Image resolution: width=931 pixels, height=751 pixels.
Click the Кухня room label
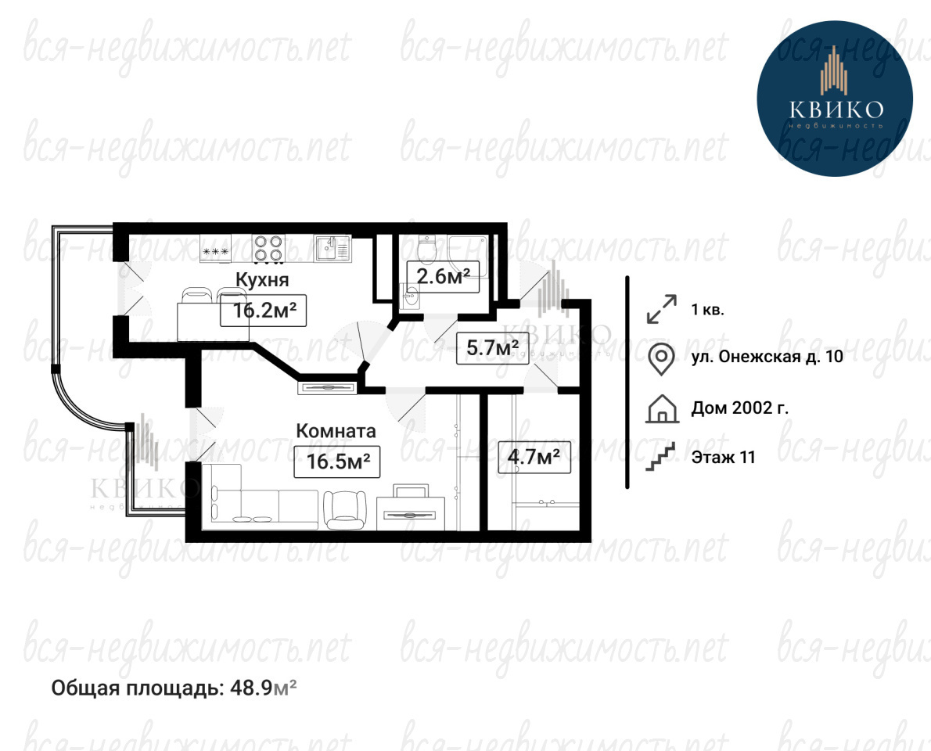(262, 279)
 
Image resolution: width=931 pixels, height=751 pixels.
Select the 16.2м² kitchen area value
(264, 311)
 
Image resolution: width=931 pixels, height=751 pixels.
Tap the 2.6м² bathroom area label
(443, 276)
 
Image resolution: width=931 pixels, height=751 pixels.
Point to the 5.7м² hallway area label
(492, 348)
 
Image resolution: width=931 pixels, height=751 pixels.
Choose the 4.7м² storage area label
(534, 457)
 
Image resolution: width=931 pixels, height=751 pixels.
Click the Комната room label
(336, 431)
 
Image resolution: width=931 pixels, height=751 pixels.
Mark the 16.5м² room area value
(337, 462)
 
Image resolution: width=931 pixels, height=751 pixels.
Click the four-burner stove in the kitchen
(268, 248)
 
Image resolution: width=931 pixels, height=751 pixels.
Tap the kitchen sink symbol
(333, 247)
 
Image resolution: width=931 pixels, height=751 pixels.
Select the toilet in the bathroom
(426, 249)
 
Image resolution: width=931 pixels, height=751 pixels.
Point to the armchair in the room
(344, 508)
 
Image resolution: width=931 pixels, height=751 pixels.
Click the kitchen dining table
(213, 322)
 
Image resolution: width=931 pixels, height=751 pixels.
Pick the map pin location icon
(660, 358)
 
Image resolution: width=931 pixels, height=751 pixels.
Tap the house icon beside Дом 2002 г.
(661, 408)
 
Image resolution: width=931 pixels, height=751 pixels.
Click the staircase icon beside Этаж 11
(661, 457)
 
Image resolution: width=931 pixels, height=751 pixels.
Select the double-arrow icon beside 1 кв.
(661, 309)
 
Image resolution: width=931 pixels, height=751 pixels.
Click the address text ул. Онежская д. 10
(767, 356)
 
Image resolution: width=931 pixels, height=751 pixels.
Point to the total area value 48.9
(255, 688)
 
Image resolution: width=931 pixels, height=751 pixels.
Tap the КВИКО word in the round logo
(836, 110)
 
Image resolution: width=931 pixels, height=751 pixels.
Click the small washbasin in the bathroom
(410, 295)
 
